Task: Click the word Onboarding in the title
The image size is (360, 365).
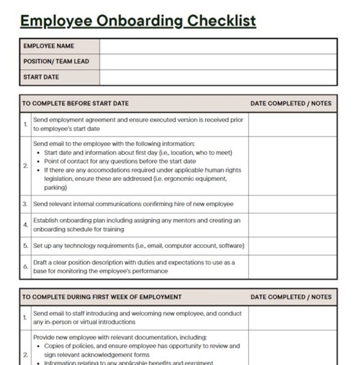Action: [139, 21]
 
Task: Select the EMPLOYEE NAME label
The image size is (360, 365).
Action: [49, 46]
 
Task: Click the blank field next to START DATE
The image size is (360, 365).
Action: [218, 77]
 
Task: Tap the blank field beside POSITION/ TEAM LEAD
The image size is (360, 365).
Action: [218, 62]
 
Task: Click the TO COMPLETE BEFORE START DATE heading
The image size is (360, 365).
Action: [75, 103]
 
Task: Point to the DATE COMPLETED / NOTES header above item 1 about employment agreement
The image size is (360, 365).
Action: [291, 103]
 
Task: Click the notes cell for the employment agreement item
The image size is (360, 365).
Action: [292, 124]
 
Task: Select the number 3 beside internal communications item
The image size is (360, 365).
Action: [25, 204]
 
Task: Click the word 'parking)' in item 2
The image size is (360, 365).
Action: [55, 188]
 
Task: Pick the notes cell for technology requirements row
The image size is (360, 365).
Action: [292, 246]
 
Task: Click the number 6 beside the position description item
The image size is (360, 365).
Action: [25, 267]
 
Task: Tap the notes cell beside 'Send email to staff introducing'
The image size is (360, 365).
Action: [292, 318]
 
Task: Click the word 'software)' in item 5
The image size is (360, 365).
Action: [231, 246]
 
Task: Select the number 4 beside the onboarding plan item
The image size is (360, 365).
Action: [25, 225]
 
